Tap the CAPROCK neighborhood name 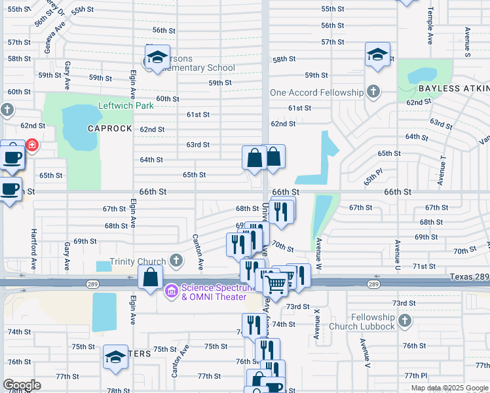coord(110,128)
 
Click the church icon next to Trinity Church coord(176,261)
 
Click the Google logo coord(22,385)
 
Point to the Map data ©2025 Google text coord(449,388)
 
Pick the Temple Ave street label coord(430,26)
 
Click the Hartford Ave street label coord(33,250)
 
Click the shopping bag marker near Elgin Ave coord(151,276)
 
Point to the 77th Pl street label coord(415,375)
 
